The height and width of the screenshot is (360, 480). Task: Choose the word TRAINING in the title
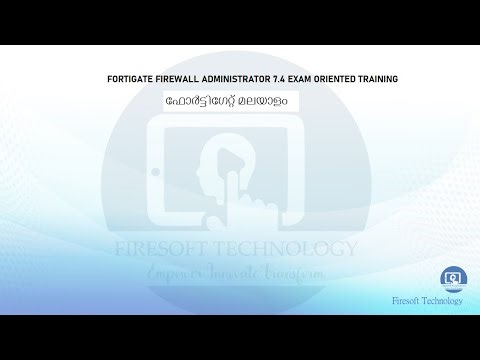tap(397, 78)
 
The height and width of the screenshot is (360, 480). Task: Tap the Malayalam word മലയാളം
tap(265, 103)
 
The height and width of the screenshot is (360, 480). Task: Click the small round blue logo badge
tap(451, 278)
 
